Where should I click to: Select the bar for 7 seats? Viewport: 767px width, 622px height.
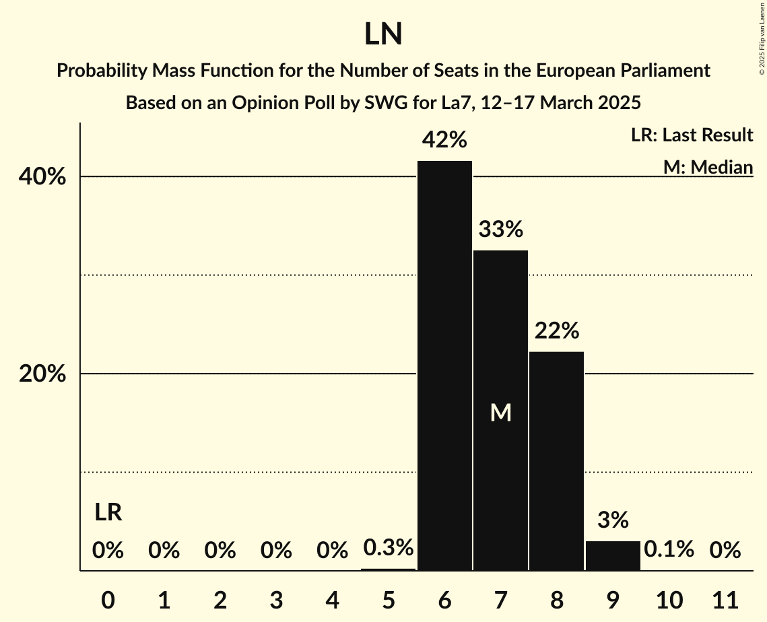point(500,411)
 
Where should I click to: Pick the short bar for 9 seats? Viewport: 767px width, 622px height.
point(613,556)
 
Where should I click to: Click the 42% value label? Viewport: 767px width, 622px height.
point(444,140)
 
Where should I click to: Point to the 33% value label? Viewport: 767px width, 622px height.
point(500,230)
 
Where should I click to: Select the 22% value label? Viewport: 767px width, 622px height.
point(556,331)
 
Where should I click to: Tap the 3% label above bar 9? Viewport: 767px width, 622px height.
point(613,520)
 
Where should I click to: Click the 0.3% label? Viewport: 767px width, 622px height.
point(388,548)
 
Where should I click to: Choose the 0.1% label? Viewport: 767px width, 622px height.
point(669,549)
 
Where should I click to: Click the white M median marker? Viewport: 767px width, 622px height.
point(500,413)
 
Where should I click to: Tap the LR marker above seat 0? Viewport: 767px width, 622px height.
point(108,513)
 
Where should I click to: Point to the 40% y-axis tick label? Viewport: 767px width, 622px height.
point(42,177)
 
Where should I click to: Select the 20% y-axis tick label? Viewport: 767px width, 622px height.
point(42,374)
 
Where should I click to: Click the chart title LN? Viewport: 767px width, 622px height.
point(383,35)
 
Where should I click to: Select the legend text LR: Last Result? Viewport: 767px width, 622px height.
point(692,135)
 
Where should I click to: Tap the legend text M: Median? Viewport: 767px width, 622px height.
point(708,167)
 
